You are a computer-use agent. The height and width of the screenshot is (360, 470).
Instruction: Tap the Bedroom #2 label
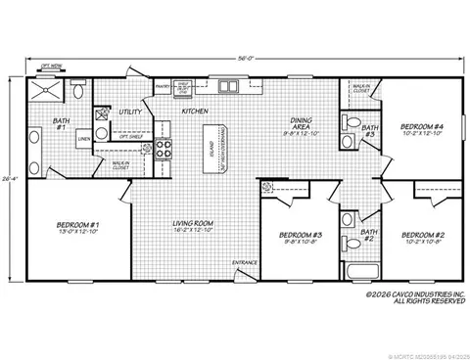coord(424,234)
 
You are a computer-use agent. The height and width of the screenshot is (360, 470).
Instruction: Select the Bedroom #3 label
coord(300,235)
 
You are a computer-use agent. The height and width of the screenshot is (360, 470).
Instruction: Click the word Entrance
coord(244,262)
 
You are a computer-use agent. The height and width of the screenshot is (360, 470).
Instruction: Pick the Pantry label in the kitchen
coord(164,84)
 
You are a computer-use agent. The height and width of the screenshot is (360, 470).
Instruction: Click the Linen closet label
coord(84,139)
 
